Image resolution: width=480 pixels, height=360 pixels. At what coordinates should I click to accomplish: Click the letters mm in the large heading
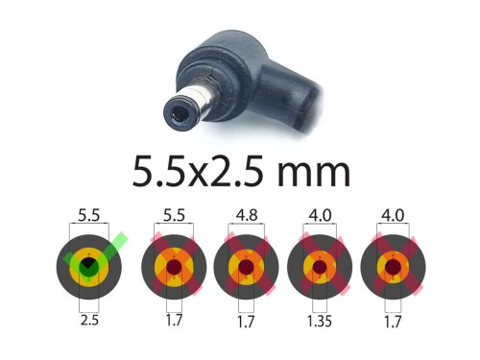314,173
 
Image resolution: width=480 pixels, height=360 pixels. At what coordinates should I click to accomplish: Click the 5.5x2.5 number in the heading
198,171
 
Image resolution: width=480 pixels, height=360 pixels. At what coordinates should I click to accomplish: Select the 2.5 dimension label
89,320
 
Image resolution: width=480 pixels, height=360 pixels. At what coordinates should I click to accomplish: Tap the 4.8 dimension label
247,215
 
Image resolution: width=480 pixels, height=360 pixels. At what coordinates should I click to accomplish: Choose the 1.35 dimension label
320,321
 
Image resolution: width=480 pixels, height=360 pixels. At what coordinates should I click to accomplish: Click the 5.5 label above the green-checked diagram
89,215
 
